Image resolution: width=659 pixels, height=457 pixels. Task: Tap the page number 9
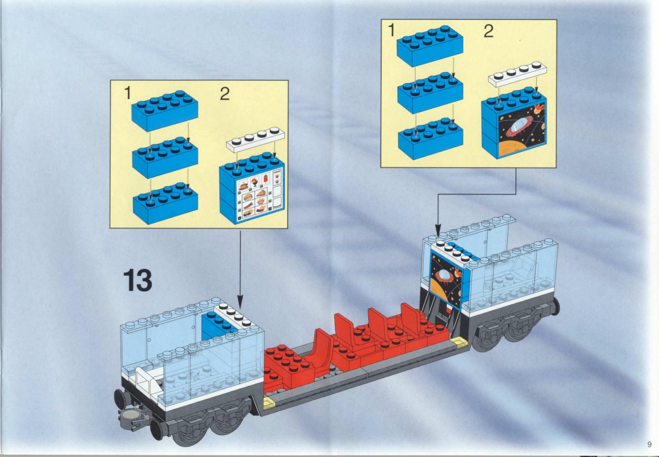click(649, 444)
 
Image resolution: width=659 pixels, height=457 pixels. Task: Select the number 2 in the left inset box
click(225, 94)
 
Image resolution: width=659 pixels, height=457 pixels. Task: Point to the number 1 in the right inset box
click(391, 30)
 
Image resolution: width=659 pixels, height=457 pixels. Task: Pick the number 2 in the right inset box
click(489, 31)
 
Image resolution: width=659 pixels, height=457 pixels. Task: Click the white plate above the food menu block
click(255, 139)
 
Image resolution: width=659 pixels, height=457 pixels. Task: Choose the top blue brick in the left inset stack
click(165, 110)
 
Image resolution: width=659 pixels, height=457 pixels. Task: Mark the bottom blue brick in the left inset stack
click(165, 203)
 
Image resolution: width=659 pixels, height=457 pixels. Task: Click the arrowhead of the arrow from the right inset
click(438, 230)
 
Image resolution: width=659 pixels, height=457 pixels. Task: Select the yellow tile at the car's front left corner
click(269, 403)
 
